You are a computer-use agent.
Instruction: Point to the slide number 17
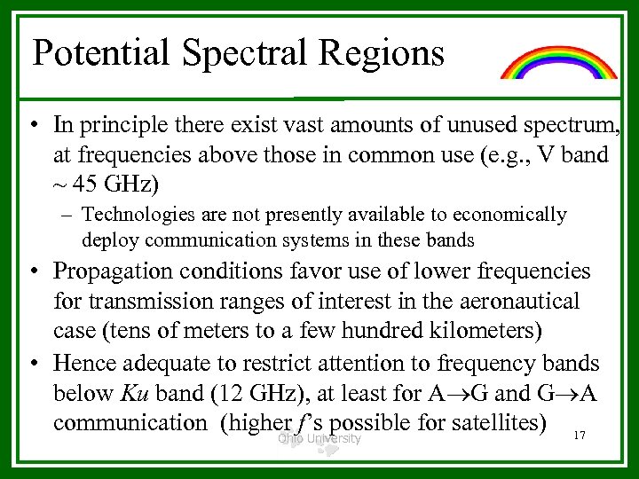pos(580,436)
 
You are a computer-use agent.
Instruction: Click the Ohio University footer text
pos(319,438)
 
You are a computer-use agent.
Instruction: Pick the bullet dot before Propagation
pos(33,271)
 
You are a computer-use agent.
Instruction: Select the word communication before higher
pos(130,422)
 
